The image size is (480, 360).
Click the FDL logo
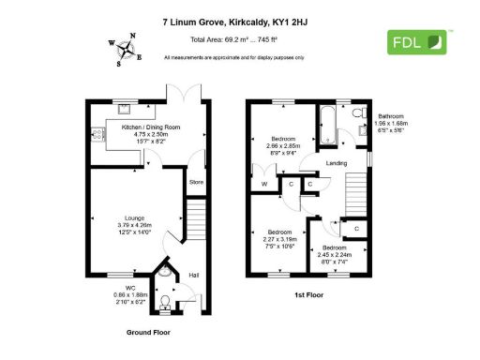tap(418, 41)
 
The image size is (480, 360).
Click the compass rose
tap(125, 50)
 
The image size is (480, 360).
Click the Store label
tap(196, 182)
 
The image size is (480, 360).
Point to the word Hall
tap(194, 275)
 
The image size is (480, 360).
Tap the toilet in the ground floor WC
tap(166, 300)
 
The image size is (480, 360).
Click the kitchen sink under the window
tap(123, 107)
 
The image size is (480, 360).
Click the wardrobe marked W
tap(266, 184)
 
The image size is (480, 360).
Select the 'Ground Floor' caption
tap(147, 332)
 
